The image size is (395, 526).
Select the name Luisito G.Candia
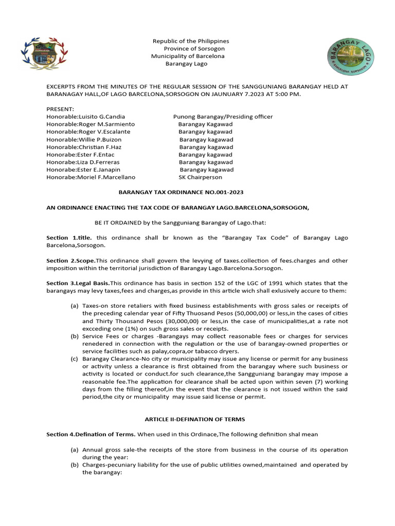point(101,117)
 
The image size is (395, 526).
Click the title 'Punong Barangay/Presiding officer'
point(223,117)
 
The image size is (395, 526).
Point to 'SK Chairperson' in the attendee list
point(200,177)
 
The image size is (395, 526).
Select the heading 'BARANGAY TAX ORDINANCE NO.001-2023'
point(181,192)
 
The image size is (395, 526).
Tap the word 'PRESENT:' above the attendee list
point(60,109)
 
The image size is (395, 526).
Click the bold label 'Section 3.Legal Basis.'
point(78,284)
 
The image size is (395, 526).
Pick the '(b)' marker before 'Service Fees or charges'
point(75,336)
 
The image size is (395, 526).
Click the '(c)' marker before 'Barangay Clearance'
point(75,359)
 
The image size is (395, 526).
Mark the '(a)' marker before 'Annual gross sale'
point(75,449)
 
